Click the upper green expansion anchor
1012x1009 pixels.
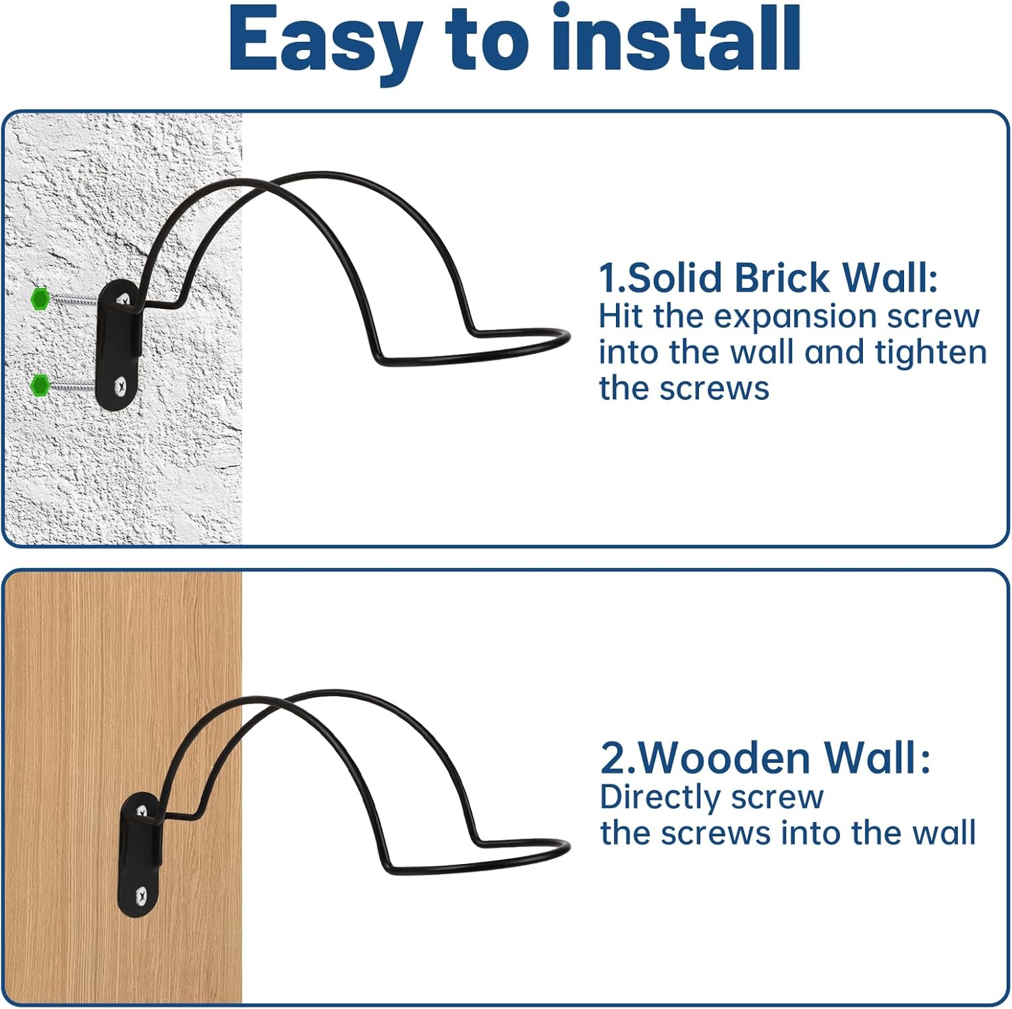(x=40, y=298)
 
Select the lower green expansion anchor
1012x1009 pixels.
(x=40, y=385)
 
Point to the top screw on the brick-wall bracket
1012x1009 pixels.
(x=123, y=299)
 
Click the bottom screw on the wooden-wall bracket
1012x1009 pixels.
(x=141, y=896)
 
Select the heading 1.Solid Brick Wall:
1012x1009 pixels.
(x=768, y=278)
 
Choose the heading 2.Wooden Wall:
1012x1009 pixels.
(x=765, y=757)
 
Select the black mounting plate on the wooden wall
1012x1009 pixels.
(x=141, y=855)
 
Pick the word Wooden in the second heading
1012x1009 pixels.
(x=724, y=757)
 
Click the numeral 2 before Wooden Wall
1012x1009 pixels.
(x=613, y=757)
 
